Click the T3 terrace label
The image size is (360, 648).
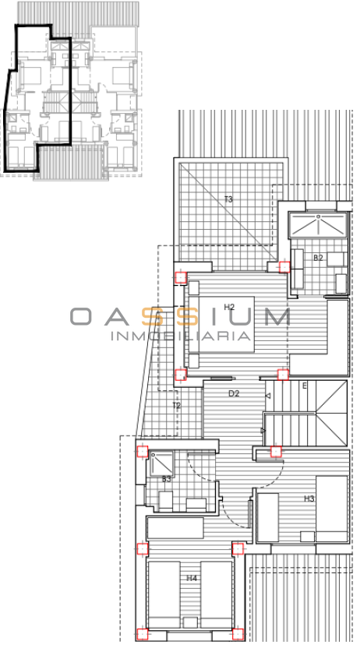point(228,199)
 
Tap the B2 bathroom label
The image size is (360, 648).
point(318,258)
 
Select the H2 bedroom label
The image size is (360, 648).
point(229,307)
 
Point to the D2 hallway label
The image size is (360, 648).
point(234,393)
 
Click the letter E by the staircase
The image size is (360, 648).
point(305,386)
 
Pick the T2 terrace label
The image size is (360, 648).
point(176,406)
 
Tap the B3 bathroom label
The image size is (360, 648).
point(167,479)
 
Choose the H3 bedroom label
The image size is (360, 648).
point(309,498)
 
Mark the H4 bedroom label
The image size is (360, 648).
point(192,578)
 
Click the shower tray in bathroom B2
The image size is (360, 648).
point(318,225)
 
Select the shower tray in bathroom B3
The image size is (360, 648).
point(161,463)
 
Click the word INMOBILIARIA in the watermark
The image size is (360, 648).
point(181,336)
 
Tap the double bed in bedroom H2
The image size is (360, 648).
point(221,325)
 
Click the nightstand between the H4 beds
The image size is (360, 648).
point(190,623)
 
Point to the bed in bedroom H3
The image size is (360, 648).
point(331,509)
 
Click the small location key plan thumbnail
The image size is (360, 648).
point(71,91)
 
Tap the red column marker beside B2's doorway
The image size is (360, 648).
point(284,267)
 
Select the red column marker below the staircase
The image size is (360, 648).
point(276,451)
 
